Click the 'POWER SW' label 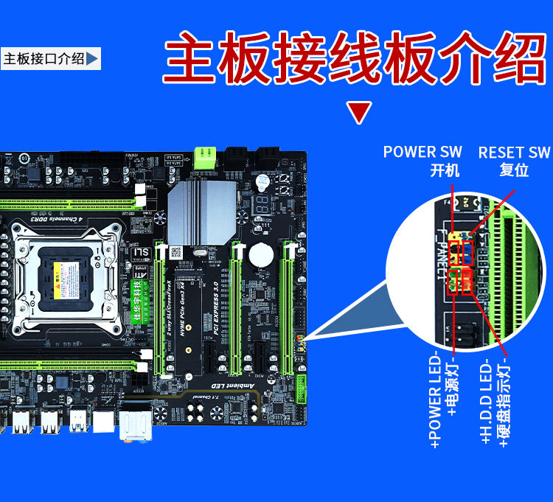[x=422, y=152]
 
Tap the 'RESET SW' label [x=514, y=153]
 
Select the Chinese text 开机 [x=445, y=170]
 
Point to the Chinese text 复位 [x=514, y=170]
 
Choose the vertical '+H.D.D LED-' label [x=486, y=402]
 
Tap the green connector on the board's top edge [x=205, y=157]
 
